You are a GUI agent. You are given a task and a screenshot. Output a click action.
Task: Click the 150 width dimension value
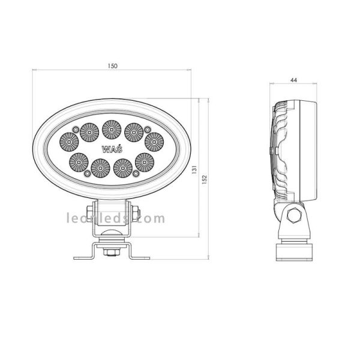coord(113,65)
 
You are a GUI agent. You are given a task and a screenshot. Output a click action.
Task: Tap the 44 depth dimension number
coord(293,79)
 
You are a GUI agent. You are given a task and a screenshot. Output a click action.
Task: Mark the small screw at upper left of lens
coord(75,130)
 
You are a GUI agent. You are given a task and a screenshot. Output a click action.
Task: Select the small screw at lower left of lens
coord(87,173)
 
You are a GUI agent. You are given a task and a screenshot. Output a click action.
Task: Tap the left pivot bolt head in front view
coord(89,213)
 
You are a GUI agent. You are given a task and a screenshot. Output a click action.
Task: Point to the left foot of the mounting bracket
coord(82,258)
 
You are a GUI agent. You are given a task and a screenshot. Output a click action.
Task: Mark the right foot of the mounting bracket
coord(140,258)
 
